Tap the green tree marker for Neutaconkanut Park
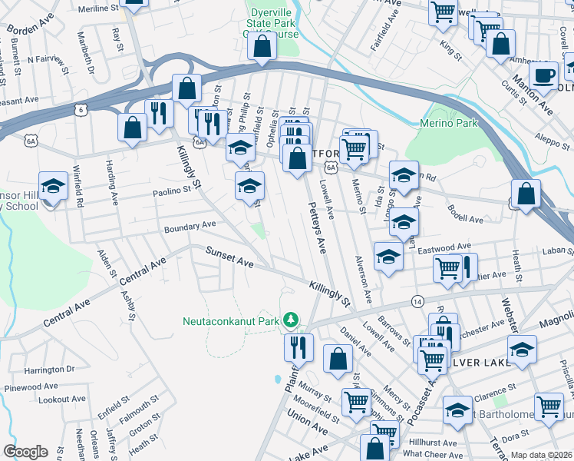click(291, 319)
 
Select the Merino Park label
click(449, 123)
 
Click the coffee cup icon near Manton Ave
click(544, 75)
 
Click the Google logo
click(25, 452)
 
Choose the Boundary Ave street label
click(190, 227)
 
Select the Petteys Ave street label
click(318, 227)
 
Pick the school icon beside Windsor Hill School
click(53, 186)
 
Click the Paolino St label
click(170, 193)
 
